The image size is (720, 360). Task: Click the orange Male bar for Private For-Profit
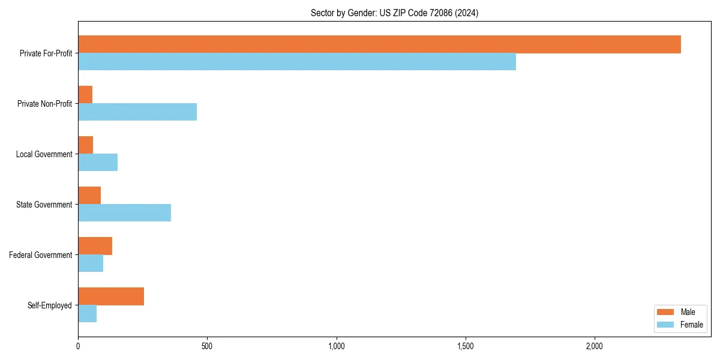[x=379, y=44]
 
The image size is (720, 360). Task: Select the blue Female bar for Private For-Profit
[x=297, y=62]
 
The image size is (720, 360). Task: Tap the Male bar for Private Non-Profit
[x=85, y=95]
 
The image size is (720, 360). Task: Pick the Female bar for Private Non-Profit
[x=137, y=112]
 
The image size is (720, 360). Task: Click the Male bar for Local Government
[x=86, y=145]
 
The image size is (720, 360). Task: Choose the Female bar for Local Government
[x=98, y=163]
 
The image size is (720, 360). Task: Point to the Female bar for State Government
[x=124, y=213]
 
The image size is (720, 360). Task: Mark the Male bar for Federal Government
[x=95, y=246]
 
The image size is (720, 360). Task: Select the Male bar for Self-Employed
[x=111, y=296]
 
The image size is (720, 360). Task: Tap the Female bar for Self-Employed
[x=88, y=314]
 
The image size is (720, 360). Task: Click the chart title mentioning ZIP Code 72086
[x=394, y=13]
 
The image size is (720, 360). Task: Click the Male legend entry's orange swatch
[x=665, y=312]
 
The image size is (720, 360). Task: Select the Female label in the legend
[x=691, y=325]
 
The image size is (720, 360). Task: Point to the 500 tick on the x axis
[x=207, y=346]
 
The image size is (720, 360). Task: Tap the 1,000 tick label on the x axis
[x=336, y=346]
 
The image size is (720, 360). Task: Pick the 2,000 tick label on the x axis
[x=594, y=346]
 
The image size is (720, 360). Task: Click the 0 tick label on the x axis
[x=78, y=346]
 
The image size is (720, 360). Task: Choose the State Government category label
[x=44, y=205]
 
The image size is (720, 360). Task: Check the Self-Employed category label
[x=49, y=305]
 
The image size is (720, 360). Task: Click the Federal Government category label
[x=40, y=255]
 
